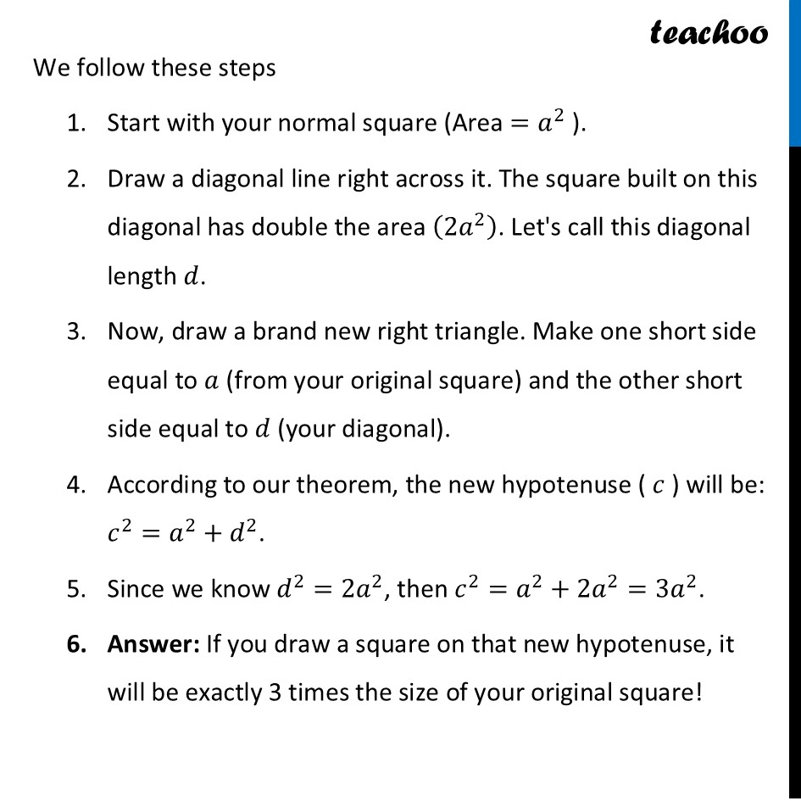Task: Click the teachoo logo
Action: (709, 33)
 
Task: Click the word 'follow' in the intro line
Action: (109, 68)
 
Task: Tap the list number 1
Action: (75, 124)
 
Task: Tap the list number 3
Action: (75, 331)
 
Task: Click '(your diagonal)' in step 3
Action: (364, 430)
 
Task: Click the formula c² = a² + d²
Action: (183, 535)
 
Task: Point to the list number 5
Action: (75, 588)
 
